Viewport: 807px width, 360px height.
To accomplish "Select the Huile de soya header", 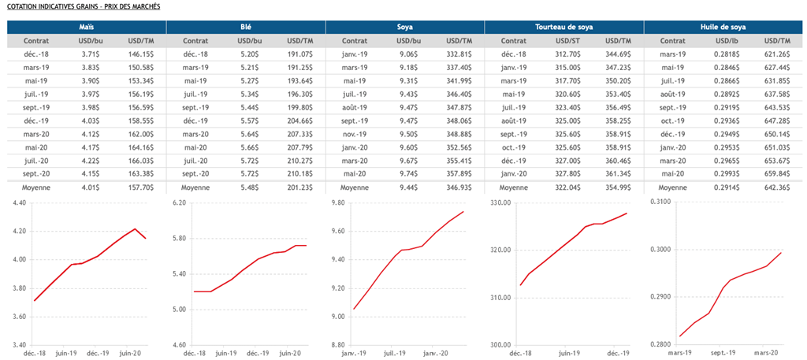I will point(723,27).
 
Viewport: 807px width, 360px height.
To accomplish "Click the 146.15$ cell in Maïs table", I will point(139,54).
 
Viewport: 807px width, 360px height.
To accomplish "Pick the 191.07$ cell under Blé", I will point(298,54).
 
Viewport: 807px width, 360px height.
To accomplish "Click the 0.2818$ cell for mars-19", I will point(726,54).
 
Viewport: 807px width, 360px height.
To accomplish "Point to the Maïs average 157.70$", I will point(139,188).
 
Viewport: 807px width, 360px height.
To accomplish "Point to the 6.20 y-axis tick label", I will point(177,203).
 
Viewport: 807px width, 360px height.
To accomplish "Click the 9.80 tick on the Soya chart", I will point(337,203).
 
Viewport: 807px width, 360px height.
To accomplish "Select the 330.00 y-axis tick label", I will point(499,203).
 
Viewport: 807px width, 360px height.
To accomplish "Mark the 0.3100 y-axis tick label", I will point(659,203).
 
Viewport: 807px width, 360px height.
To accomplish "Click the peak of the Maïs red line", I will point(136,229).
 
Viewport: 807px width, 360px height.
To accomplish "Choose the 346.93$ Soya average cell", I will point(458,188).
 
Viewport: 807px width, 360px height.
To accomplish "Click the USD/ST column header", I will point(567,40).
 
